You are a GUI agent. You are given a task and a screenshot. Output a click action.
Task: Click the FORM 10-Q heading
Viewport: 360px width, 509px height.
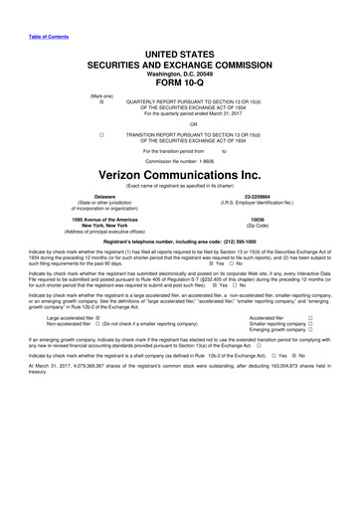180,84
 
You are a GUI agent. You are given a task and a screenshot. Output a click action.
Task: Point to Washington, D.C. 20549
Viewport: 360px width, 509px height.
180,74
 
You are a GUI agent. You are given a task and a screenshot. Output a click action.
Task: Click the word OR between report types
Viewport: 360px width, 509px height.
180,124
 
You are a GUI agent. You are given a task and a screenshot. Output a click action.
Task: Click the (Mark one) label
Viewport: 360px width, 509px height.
100,96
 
